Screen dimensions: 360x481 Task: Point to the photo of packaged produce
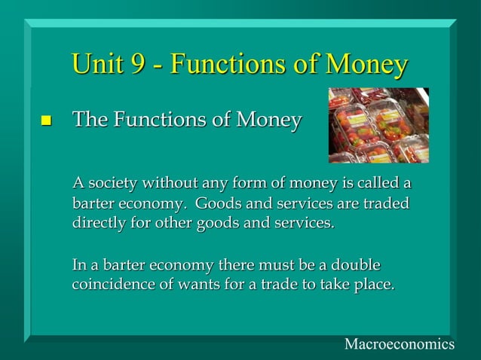(378, 125)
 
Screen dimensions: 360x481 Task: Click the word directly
(100, 224)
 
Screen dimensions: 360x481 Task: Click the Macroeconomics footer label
(399, 344)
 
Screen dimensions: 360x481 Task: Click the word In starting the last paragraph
(79, 266)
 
